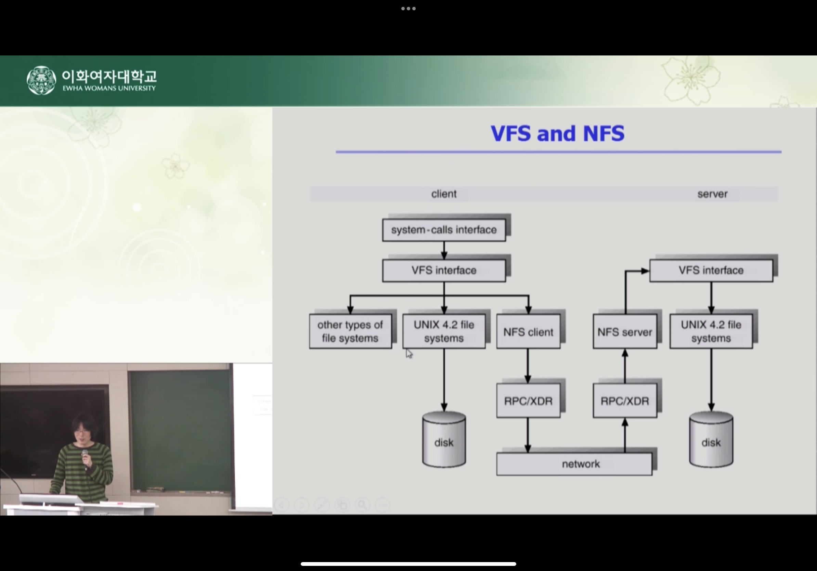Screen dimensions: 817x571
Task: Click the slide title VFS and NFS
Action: [557, 134]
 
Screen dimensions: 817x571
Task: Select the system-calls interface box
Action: [444, 230]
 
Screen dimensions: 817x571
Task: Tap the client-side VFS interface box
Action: [444, 270]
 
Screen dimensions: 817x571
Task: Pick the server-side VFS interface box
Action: [711, 270]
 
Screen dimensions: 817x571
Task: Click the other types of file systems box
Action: [350, 331]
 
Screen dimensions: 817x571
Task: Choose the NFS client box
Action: [528, 332]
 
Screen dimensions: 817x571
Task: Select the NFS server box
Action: [624, 332]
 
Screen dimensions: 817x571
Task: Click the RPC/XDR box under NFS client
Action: [528, 401]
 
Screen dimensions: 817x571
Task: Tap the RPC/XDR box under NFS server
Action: [624, 401]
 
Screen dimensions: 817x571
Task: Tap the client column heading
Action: [444, 194]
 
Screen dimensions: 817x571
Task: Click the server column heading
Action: [712, 194]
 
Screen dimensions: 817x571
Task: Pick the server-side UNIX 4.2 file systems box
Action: [711, 331]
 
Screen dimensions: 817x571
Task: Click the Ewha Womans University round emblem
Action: [41, 80]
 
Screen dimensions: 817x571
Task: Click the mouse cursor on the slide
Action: [409, 354]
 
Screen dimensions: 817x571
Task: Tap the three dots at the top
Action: [408, 9]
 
